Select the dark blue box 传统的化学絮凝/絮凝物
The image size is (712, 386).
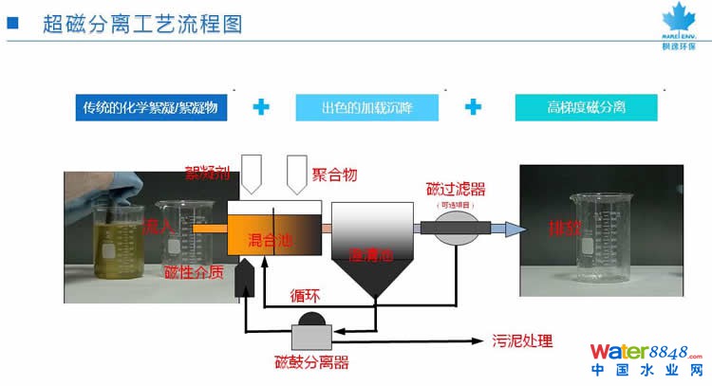(x=152, y=108)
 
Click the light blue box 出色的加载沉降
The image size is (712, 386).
(x=367, y=108)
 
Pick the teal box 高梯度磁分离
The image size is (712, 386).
(x=579, y=108)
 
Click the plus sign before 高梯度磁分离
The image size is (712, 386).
(x=473, y=107)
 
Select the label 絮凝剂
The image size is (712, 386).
(x=206, y=173)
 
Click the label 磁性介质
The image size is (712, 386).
(x=194, y=273)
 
